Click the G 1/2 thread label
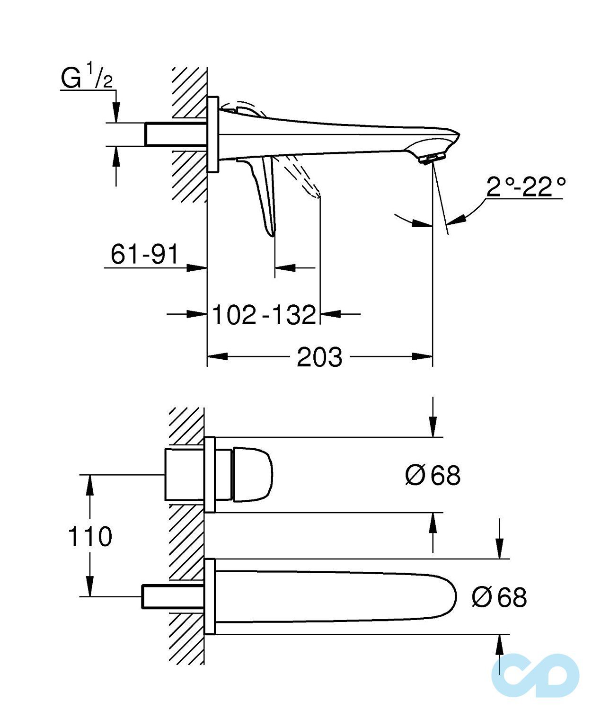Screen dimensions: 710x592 click(87, 78)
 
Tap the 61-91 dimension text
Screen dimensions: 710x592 click(144, 254)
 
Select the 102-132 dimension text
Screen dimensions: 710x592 click(264, 315)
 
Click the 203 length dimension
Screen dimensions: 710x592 click(319, 357)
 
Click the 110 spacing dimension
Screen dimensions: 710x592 click(90, 536)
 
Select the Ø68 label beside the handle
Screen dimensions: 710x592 click(433, 475)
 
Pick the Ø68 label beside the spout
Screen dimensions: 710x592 click(499, 597)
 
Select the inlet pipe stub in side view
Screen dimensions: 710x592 click(175, 134)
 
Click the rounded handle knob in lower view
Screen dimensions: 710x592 click(253, 474)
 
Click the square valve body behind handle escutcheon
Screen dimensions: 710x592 click(184, 475)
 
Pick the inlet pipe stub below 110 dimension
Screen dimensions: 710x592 click(173, 596)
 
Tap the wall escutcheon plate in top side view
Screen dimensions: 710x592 click(213, 134)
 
